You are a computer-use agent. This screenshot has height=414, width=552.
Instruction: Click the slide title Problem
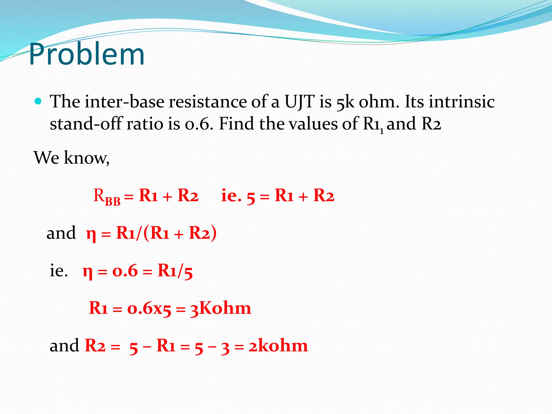[x=87, y=54]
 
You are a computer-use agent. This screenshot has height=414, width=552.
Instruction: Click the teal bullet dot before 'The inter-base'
[x=38, y=102]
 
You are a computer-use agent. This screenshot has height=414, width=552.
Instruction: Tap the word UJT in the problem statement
[x=299, y=102]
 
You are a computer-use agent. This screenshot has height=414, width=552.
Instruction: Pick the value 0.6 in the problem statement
[x=197, y=124]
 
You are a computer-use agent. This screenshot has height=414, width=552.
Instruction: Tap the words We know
[x=71, y=158]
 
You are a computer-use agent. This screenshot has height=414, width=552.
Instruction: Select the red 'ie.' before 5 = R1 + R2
[x=231, y=195]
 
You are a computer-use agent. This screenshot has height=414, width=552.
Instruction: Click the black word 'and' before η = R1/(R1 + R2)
[x=61, y=233]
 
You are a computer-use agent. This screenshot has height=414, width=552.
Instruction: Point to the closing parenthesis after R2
[x=213, y=233]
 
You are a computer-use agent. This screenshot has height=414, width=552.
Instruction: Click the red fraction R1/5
[x=175, y=271]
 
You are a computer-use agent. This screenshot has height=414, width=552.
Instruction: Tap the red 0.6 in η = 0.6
[x=125, y=271]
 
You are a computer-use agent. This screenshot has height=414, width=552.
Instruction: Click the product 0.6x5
[x=149, y=308]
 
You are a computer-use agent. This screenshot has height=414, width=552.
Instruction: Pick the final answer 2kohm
[x=278, y=346]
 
